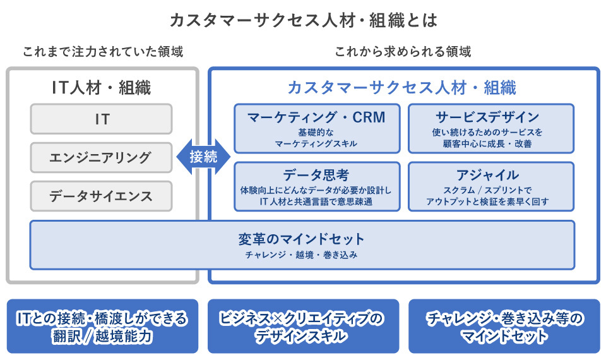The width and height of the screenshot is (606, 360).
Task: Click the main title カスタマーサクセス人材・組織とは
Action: click(303, 20)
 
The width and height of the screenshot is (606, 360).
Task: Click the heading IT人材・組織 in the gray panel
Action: click(102, 88)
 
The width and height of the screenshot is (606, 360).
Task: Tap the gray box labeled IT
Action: click(102, 119)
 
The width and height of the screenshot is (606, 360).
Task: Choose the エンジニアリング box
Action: click(102, 157)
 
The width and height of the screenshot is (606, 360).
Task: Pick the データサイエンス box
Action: click(102, 196)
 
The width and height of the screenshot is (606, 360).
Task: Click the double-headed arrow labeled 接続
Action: click(203, 157)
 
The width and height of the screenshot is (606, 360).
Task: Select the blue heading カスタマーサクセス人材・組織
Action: click(402, 88)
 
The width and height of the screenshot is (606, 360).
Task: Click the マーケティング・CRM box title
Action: click(316, 117)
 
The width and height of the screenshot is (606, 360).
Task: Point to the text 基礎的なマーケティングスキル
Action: click(316, 138)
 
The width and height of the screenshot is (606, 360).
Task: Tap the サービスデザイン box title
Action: click(490, 117)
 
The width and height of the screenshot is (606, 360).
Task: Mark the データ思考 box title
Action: click(316, 175)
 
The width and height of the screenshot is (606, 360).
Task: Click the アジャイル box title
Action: click(490, 175)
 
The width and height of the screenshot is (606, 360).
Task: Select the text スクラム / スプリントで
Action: click(490, 190)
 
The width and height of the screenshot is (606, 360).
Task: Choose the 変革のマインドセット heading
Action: click(302, 239)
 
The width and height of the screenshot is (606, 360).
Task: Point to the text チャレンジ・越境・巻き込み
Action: click(302, 255)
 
